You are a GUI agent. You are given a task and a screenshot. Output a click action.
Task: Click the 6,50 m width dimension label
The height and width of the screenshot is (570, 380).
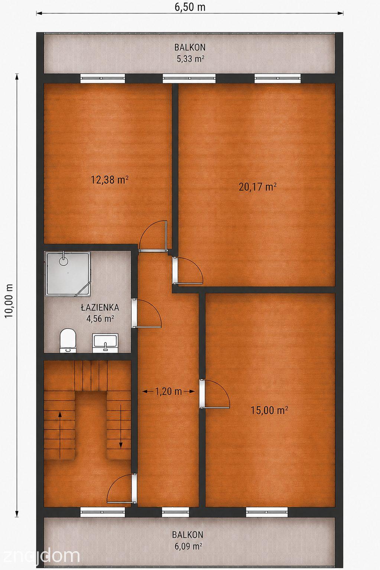click(190, 7)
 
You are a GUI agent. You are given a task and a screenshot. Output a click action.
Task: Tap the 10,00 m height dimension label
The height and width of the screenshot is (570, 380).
click(9, 300)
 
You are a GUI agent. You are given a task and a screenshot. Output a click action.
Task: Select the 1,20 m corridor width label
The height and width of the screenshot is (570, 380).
click(168, 391)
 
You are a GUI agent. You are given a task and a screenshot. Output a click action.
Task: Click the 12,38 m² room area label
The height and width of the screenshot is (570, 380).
click(110, 180)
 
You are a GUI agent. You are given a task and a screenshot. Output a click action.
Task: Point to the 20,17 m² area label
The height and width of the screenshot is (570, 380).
click(258, 187)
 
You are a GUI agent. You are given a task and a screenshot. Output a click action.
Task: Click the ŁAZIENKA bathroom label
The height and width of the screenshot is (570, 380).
click(100, 307)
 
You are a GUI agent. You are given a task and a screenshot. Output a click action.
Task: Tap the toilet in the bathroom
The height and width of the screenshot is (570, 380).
click(68, 341)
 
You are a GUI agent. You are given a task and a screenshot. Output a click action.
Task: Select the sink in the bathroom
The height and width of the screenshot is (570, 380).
click(105, 343)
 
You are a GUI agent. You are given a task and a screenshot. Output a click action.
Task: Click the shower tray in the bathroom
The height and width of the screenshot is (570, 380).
click(68, 274)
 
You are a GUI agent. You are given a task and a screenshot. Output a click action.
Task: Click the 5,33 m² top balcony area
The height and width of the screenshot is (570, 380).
click(191, 59)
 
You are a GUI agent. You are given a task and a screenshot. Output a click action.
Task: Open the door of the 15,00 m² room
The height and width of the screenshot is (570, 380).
click(214, 393)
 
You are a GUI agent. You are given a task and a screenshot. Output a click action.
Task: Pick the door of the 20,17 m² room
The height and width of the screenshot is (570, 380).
click(188, 270)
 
